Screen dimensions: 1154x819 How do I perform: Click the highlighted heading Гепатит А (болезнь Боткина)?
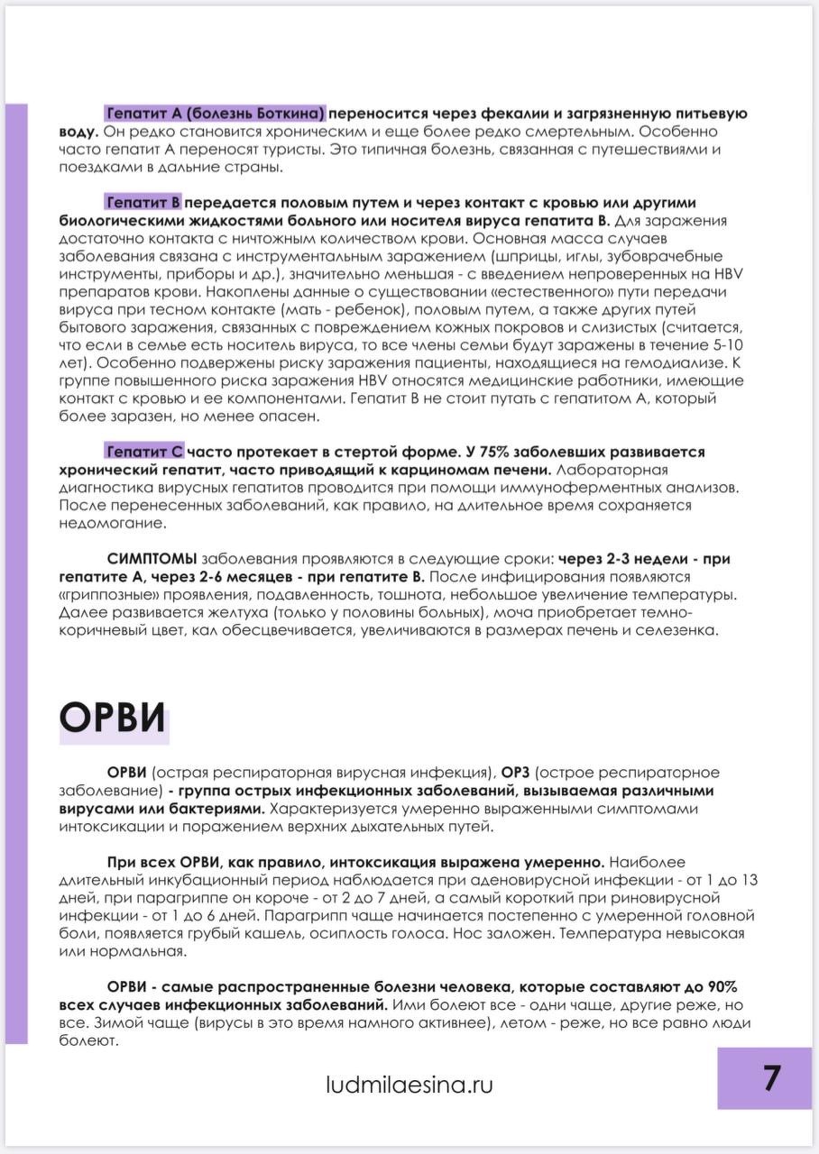(x=215, y=114)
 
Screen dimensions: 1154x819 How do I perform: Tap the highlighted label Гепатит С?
(x=144, y=451)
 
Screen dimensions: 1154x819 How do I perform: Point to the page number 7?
(x=772, y=1078)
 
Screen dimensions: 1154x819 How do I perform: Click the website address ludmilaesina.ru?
(x=409, y=1085)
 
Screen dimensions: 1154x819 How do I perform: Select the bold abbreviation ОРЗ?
(x=520, y=773)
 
